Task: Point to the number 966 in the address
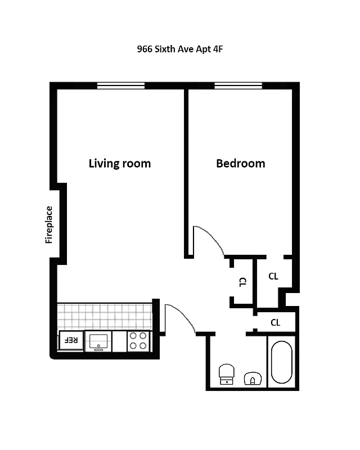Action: pyautogui.click(x=145, y=49)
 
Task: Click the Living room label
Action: pyautogui.click(x=120, y=164)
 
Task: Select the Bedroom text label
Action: pyautogui.click(x=240, y=164)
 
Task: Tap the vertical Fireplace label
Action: pyautogui.click(x=49, y=225)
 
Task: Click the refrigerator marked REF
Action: pyautogui.click(x=70, y=340)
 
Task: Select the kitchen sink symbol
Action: pyautogui.click(x=98, y=341)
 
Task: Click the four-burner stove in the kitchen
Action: pyautogui.click(x=138, y=341)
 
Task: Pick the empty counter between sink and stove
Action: pyautogui.click(x=119, y=341)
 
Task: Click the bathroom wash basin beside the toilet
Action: pyautogui.click(x=253, y=379)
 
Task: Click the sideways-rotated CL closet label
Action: pyautogui.click(x=242, y=282)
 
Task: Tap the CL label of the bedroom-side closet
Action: pyautogui.click(x=273, y=276)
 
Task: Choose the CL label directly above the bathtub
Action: pyautogui.click(x=275, y=323)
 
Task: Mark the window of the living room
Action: pyautogui.click(x=120, y=85)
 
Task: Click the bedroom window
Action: pyautogui.click(x=238, y=85)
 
